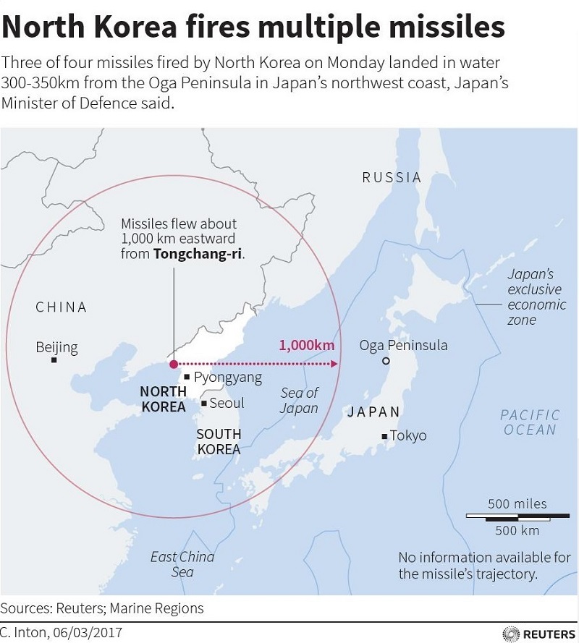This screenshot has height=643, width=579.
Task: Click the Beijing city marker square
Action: point(54,359)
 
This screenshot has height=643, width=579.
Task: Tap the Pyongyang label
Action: point(228,377)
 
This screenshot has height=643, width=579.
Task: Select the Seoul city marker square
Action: point(205,403)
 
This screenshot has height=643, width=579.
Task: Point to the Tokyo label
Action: point(408,435)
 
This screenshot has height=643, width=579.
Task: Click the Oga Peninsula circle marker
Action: point(386,360)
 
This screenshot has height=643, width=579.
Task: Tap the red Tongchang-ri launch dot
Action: point(173,364)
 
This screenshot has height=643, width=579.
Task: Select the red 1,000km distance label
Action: point(306,345)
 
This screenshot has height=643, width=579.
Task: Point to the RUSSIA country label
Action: point(392,177)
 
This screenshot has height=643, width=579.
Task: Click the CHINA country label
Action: point(61,307)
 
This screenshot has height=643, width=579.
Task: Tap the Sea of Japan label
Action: point(300,400)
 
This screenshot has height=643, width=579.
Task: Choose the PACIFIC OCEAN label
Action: point(531,422)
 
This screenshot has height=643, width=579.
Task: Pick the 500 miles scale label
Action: point(517,503)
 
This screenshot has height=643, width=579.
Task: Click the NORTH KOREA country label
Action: point(164,399)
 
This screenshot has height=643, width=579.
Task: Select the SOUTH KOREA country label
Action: point(219,441)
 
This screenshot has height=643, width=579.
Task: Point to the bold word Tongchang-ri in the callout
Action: point(198,254)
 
